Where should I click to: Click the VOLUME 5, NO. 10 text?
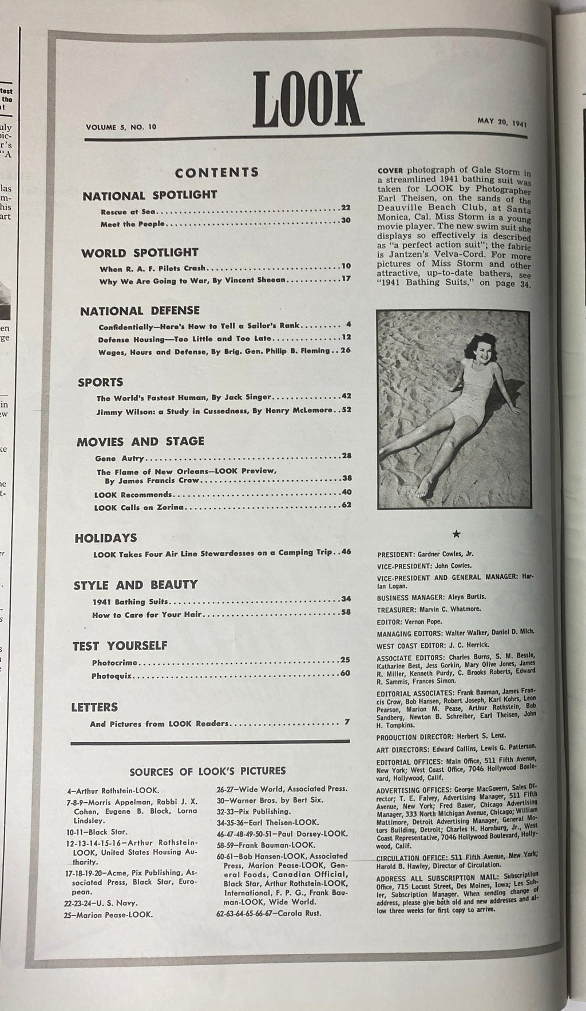pos(121,126)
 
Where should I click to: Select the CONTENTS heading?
pos(217,172)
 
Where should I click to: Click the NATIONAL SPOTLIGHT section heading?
pos(150,195)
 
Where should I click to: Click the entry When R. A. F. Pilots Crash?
pos(153,267)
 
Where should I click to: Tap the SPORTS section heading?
pos(101,382)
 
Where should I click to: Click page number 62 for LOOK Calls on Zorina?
pos(345,505)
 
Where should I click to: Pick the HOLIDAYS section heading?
pos(106,538)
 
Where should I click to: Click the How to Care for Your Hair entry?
pos(148,615)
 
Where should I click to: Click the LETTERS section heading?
pos(94,707)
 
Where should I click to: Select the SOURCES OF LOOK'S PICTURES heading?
pos(208,771)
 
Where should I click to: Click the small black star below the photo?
pos(456,534)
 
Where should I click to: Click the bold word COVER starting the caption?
pos(390,170)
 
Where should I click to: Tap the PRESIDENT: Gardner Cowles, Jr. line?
pos(426,554)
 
